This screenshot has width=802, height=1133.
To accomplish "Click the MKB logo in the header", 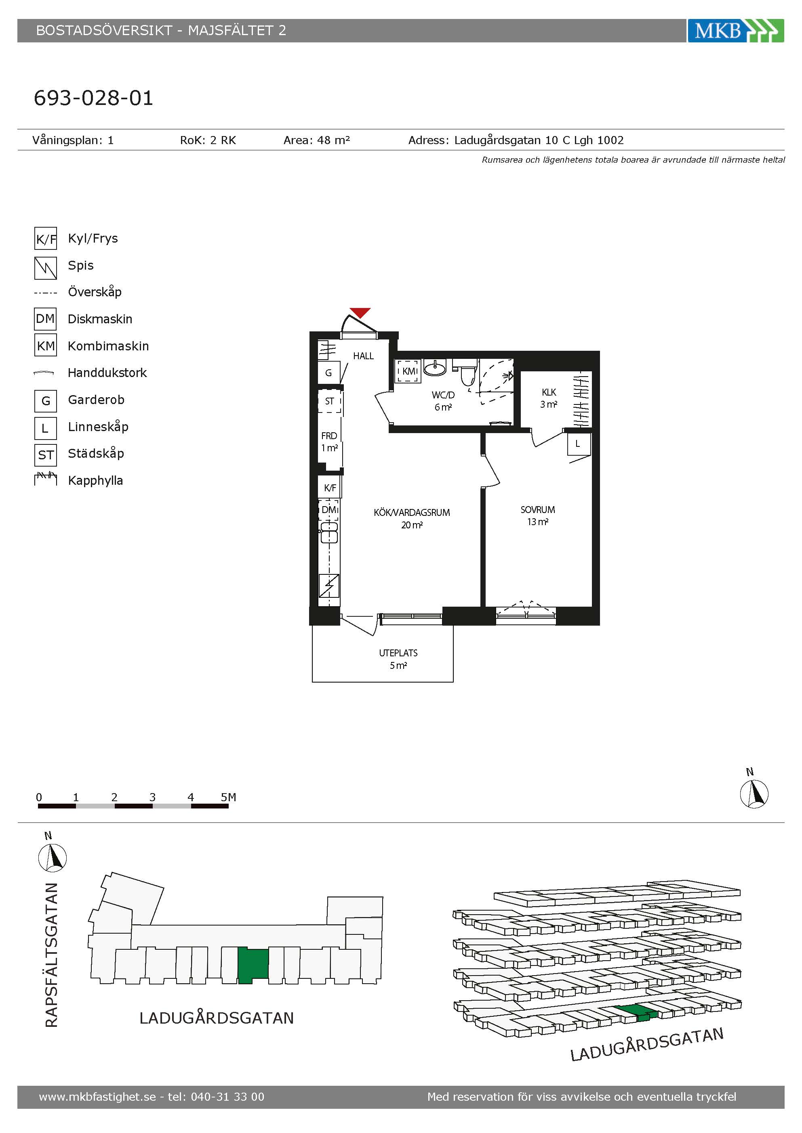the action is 735,31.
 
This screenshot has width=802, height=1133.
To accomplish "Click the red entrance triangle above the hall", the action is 360,313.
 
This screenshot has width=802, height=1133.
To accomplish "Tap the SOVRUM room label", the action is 537,510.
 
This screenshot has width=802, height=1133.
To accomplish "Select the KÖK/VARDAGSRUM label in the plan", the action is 411,513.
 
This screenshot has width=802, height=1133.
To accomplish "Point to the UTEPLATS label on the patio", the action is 398,653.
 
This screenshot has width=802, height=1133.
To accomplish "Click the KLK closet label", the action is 549,392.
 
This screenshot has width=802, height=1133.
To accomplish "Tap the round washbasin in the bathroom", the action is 435,367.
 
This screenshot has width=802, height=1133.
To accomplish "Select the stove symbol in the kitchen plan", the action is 329,586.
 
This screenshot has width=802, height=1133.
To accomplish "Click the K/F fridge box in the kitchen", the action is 329,488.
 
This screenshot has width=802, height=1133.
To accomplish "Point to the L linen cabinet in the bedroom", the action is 578,444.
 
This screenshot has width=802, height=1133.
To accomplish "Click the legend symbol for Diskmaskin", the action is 45,319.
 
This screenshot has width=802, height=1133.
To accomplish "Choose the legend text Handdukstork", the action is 107,373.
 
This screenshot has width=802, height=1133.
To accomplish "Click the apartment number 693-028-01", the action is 93,98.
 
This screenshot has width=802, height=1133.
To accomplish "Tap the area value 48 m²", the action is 333,140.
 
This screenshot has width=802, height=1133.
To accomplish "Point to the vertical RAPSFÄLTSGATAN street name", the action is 51,955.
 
